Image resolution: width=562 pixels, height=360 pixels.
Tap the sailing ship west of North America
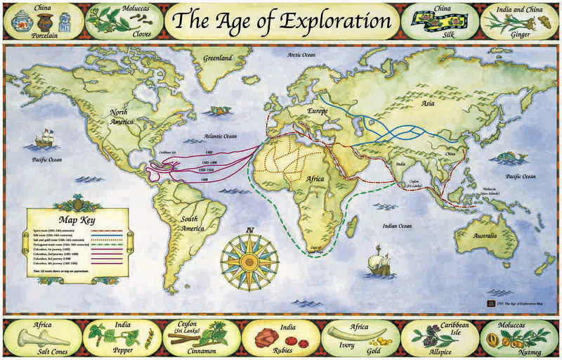(x=46, y=137)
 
